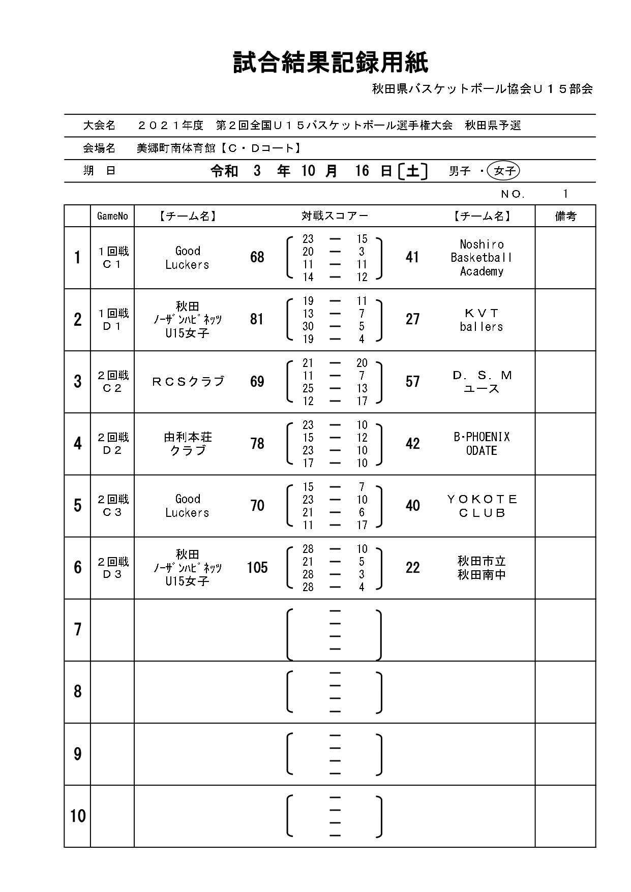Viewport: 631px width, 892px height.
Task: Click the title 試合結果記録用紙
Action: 330,63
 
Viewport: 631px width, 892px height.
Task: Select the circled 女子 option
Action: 503,171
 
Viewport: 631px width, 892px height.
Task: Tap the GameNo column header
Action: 112,217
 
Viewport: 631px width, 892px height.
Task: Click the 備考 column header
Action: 565,217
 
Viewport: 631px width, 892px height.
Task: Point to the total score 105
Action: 257,568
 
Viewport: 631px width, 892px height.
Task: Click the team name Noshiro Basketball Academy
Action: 481,258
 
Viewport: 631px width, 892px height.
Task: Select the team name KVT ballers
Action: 481,320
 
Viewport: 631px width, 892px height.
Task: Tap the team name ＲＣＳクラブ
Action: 188,382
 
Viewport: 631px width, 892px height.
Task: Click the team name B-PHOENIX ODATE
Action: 481,444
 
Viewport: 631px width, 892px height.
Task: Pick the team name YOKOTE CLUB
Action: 481,506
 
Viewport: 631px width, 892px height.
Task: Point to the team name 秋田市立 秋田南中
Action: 481,568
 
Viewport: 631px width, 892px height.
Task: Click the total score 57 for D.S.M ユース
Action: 412,382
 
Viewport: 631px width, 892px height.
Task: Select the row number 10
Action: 77,816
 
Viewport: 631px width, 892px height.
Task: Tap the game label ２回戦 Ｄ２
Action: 112,444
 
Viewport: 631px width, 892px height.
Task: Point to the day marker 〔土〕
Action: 412,171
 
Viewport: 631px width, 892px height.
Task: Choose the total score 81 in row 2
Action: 257,320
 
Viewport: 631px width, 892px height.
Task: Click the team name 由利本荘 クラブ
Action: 188,444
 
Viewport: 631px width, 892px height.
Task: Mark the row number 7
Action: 77,630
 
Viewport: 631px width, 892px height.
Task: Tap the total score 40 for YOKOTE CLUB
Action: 412,506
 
